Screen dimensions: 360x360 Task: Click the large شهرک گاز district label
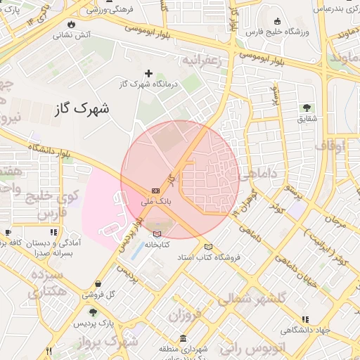coord(82,110)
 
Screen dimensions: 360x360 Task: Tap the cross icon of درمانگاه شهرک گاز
coord(148,73)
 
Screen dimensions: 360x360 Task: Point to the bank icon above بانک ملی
coord(155,191)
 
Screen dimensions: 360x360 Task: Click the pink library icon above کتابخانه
coord(156,234)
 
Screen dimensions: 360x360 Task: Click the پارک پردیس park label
coord(96,324)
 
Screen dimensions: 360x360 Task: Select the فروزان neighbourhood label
coord(185,314)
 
